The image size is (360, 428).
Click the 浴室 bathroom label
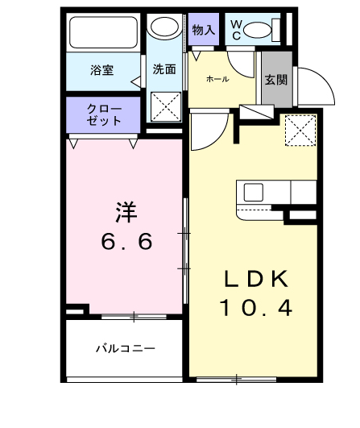point(102,69)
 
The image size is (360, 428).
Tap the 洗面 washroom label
point(164,69)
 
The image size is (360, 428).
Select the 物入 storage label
point(204,30)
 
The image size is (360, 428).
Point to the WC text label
point(236,31)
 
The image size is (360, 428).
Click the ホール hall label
point(217,79)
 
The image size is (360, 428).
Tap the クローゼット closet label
point(105,114)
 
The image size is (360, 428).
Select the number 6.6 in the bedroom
point(126,241)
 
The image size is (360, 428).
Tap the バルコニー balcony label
point(125,349)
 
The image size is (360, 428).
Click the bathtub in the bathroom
point(105,33)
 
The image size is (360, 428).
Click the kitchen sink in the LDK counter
point(254,193)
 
